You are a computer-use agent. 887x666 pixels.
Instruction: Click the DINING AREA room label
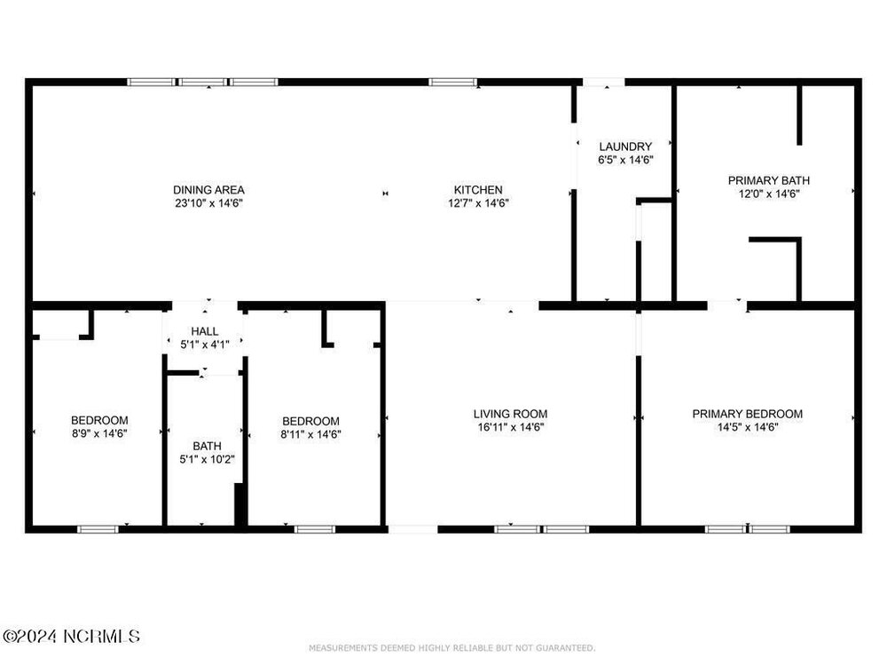(x=208, y=190)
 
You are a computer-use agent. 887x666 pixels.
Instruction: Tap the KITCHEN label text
(x=478, y=190)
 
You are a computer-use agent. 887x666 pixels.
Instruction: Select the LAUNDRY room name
(x=625, y=147)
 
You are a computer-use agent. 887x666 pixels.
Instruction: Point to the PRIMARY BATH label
(x=769, y=180)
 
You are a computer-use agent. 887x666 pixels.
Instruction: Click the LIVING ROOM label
(x=510, y=414)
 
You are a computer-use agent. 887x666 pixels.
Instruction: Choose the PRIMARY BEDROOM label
(x=747, y=414)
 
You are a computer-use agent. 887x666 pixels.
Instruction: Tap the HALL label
(x=205, y=331)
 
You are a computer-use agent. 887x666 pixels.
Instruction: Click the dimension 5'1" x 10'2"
(x=207, y=459)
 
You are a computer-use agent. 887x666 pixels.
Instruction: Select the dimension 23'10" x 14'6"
(x=208, y=203)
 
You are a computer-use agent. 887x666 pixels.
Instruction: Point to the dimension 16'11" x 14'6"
(x=510, y=428)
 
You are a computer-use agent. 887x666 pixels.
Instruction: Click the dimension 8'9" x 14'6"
(x=99, y=434)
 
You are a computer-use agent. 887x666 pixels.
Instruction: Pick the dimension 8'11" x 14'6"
(x=310, y=434)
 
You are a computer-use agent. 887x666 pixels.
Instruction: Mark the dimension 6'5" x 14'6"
(x=625, y=160)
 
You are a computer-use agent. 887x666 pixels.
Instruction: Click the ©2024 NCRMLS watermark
(x=71, y=636)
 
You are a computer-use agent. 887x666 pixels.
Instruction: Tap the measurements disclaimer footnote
(x=452, y=648)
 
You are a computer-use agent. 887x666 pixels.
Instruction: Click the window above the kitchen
(x=452, y=82)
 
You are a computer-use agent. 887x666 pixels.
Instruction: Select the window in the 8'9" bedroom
(x=98, y=529)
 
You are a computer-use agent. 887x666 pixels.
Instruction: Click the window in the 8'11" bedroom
(x=315, y=529)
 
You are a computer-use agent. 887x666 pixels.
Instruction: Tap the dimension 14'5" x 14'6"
(x=747, y=428)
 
